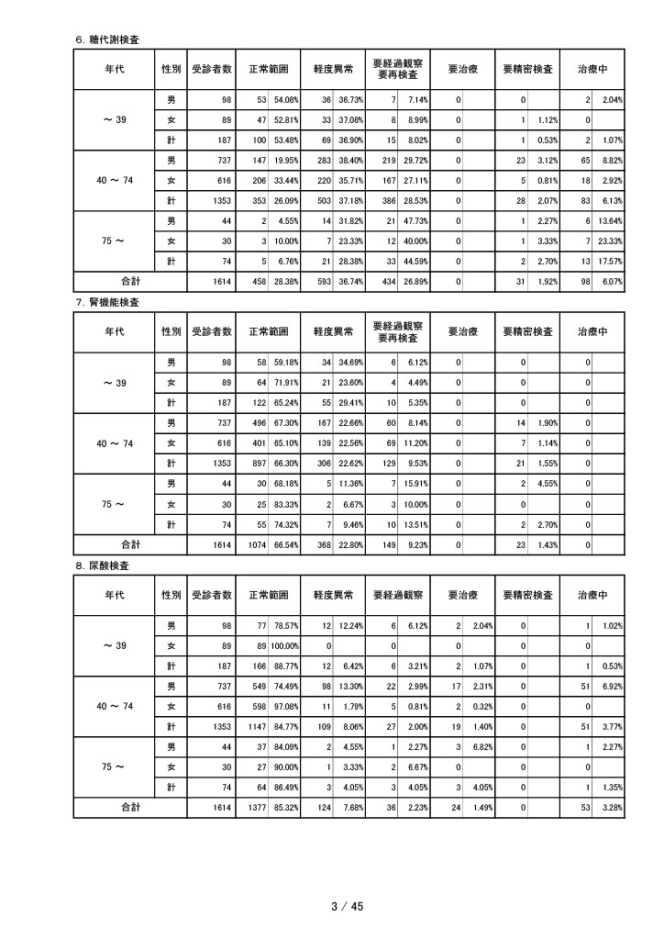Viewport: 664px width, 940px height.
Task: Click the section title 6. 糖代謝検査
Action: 113,39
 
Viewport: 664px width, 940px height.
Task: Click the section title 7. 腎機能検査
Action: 113,302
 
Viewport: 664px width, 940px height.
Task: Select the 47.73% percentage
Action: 415,220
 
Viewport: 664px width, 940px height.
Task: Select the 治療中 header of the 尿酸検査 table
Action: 592,595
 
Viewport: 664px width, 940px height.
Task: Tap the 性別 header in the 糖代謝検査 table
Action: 171,69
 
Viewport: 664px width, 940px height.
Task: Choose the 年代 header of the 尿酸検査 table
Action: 115,595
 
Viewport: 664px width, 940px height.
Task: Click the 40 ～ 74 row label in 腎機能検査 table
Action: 115,442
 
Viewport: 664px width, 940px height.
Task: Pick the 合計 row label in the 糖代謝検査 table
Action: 130,280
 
